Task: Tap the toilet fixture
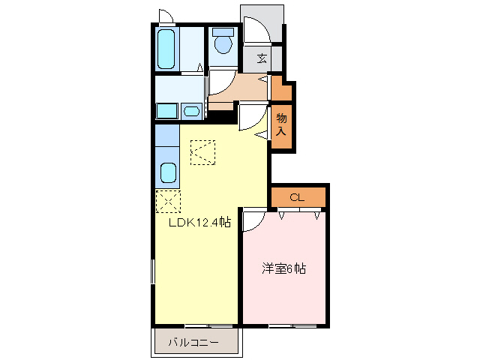pyautogui.click(x=222, y=43)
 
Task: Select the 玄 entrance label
pyautogui.click(x=262, y=58)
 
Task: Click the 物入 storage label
pyautogui.click(x=281, y=124)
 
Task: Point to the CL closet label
pyautogui.click(x=297, y=198)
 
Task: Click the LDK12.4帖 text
pyautogui.click(x=198, y=223)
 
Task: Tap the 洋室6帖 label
pyautogui.click(x=283, y=268)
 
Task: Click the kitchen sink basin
pyautogui.click(x=168, y=174)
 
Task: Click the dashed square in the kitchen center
pyautogui.click(x=202, y=152)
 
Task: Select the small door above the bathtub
pyautogui.click(x=166, y=16)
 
